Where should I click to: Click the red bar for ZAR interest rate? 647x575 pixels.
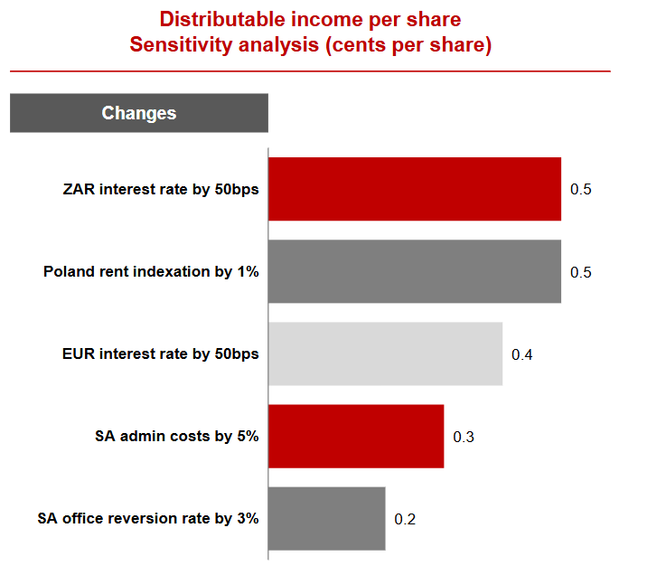(x=415, y=189)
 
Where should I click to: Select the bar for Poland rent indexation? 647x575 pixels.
(x=415, y=271)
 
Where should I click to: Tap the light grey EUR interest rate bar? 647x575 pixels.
(x=385, y=353)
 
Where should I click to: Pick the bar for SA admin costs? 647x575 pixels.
(x=356, y=437)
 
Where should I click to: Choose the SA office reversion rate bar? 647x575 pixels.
(x=327, y=518)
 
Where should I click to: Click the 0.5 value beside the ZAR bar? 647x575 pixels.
(x=580, y=190)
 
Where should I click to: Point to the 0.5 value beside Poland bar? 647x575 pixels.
(x=580, y=272)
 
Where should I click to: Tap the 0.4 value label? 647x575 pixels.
(x=522, y=354)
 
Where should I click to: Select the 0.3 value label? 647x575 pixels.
(x=464, y=437)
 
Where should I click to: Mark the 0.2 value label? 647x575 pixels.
(x=405, y=519)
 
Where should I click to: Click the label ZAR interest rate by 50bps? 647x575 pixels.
(x=161, y=189)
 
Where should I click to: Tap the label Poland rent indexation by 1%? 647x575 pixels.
(x=151, y=271)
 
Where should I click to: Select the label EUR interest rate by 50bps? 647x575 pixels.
(x=161, y=353)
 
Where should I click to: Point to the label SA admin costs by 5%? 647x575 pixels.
(x=177, y=436)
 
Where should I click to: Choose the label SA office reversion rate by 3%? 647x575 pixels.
(x=148, y=518)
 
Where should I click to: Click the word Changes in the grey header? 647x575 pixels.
(x=139, y=113)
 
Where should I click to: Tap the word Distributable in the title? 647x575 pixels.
(x=222, y=19)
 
